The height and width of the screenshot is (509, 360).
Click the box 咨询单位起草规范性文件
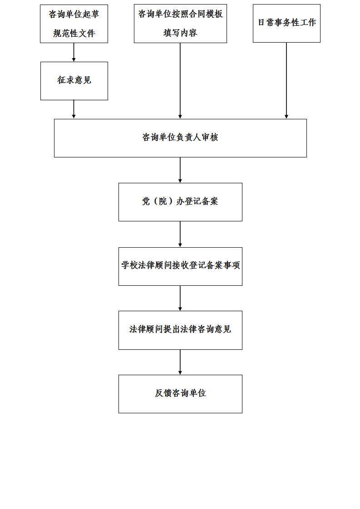pyautogui.click(x=74, y=24)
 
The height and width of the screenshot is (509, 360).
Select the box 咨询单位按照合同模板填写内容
pyautogui.click(x=180, y=24)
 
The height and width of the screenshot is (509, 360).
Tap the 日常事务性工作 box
pyautogui.click(x=286, y=24)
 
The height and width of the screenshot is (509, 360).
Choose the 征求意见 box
pyautogui.click(x=74, y=81)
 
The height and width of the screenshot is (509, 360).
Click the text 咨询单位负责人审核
pyautogui.click(x=180, y=137)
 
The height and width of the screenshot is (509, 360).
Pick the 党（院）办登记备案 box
pyautogui.click(x=180, y=202)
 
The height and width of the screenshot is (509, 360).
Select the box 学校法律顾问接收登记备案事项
pyautogui.click(x=180, y=266)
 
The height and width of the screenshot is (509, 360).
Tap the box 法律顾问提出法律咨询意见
pyautogui.click(x=180, y=330)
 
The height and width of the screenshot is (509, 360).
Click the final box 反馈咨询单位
pyautogui.click(x=180, y=394)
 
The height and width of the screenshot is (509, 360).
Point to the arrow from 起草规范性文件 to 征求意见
pyautogui.click(x=74, y=52)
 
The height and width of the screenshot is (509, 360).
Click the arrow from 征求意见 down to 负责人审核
pyautogui.click(x=74, y=109)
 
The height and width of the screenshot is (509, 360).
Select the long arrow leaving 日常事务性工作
pyautogui.click(x=286, y=80)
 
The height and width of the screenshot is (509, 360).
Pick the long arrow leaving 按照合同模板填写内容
pyautogui.click(x=180, y=81)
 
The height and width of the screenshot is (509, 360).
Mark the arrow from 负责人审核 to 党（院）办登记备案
pyautogui.click(x=180, y=170)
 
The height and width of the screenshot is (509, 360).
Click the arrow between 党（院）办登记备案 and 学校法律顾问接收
pyautogui.click(x=180, y=235)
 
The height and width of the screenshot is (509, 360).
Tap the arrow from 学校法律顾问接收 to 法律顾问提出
pyautogui.click(x=180, y=299)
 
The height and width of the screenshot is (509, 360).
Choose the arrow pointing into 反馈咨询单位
pyautogui.click(x=180, y=362)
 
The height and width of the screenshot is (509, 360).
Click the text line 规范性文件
pyautogui.click(x=74, y=33)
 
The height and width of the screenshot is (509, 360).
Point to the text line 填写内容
pyautogui.click(x=180, y=33)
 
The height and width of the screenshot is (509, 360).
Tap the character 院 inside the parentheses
pyautogui.click(x=163, y=201)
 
